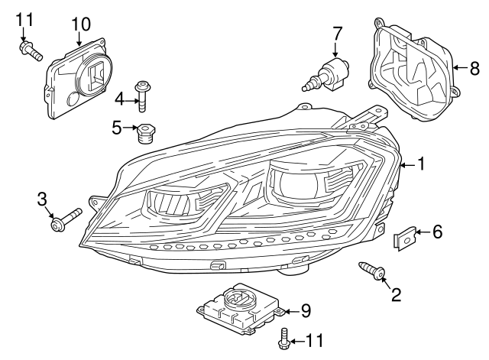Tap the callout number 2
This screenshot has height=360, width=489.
pyautogui.click(x=396, y=294)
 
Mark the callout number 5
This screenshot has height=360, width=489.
pyautogui.click(x=116, y=128)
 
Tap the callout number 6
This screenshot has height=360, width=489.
pyautogui.click(x=437, y=232)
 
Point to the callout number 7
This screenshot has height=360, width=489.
pyautogui.click(x=336, y=33)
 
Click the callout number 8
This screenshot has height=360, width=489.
pyautogui.click(x=474, y=68)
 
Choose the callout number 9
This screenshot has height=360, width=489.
pyautogui.click(x=305, y=310)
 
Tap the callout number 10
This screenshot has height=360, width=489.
pyautogui.click(x=80, y=24)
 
